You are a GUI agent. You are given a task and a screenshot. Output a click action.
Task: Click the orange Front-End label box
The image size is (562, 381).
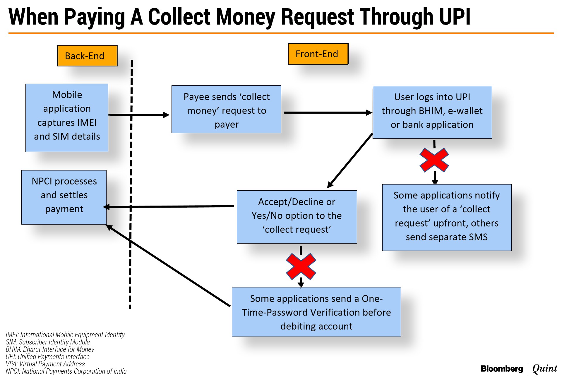318,54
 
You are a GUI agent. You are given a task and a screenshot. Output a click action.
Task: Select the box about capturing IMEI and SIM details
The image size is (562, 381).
67,118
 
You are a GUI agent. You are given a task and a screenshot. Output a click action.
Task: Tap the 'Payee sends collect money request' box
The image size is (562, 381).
226,109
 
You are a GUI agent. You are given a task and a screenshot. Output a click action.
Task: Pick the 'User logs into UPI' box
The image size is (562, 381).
432,112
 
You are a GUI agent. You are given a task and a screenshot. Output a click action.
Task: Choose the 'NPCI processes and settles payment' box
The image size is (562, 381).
64,197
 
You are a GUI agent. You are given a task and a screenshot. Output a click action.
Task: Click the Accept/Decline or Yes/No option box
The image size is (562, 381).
297,217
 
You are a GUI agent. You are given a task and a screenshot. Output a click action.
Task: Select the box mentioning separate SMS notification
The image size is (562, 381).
447,217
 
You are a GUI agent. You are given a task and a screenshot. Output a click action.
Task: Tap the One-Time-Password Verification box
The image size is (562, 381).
316,312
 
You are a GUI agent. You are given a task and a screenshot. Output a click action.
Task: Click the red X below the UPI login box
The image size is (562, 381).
434,160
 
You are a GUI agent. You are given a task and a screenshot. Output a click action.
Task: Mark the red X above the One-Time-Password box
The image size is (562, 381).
301,266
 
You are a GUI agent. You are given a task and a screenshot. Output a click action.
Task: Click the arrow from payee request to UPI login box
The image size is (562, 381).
326,113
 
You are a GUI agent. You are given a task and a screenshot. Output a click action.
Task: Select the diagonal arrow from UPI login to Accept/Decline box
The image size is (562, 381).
350,161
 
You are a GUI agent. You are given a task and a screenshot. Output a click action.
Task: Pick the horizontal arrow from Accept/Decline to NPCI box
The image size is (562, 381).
170,207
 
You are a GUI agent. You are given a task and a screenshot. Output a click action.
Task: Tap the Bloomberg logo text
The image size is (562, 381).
502,369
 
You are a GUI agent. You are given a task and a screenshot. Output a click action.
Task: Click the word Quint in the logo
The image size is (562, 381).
544,368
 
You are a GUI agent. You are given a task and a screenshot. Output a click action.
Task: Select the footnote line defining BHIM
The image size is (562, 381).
50,349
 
